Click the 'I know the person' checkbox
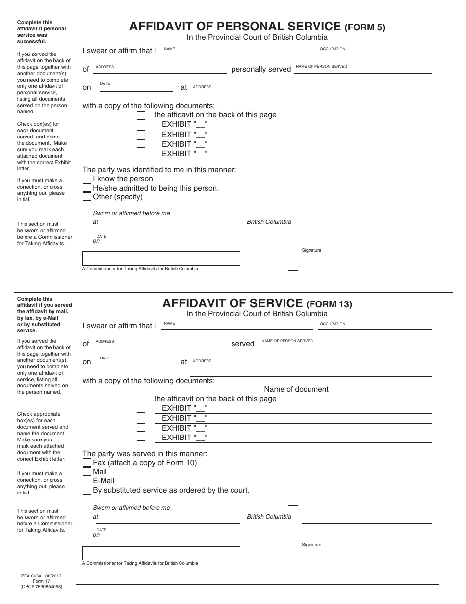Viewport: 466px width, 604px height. pos(87,179)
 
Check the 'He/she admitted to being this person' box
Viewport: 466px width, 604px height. pos(87,188)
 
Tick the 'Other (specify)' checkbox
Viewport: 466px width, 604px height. pos(87,197)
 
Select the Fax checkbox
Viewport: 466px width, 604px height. pos(87,463)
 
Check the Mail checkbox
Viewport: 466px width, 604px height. pos(87,472)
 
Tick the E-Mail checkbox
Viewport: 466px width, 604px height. pos(87,481)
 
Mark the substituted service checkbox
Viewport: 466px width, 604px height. pos(87,490)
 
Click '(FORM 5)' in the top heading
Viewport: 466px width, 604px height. pos(365,27)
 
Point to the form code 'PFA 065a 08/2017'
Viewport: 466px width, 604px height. pos(41,575)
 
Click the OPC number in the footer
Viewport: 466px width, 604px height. pos(41,587)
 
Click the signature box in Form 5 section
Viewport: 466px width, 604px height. pos(366,238)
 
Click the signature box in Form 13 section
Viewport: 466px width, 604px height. pos(366,532)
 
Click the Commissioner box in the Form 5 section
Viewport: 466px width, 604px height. pos(161,258)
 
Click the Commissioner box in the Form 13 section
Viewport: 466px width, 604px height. pos(161,553)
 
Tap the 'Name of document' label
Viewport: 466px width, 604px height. pos(296,389)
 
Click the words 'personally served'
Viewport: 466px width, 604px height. pos(261,69)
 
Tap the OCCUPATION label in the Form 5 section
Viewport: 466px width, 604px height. pos(333,49)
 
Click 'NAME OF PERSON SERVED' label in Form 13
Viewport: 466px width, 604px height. pos(287,341)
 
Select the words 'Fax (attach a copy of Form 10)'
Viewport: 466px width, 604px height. pos(145,463)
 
